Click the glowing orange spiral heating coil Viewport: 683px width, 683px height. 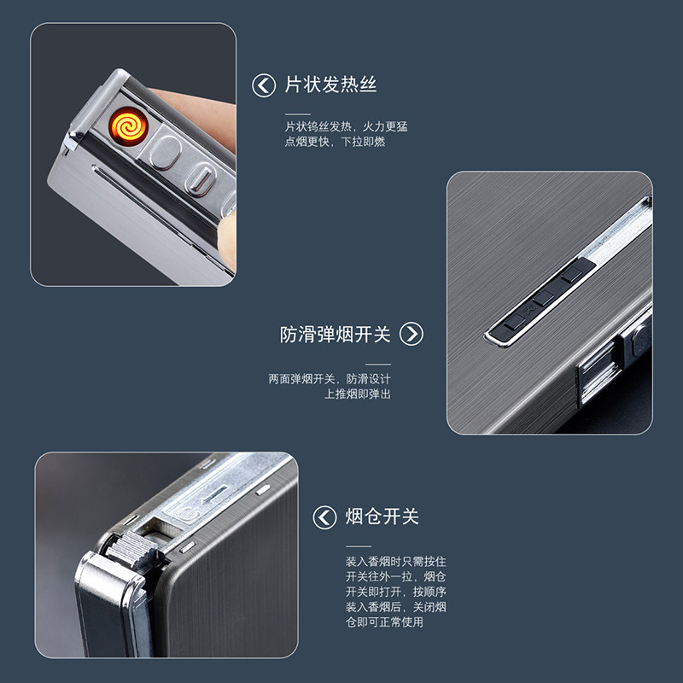click(x=129, y=126)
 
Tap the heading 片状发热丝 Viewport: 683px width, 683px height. click(x=330, y=85)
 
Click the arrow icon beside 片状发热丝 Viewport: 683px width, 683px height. click(x=264, y=85)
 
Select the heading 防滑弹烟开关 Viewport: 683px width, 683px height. click(x=335, y=335)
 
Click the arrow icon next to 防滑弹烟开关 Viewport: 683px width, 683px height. click(x=412, y=334)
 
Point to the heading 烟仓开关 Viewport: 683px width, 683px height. click(x=382, y=517)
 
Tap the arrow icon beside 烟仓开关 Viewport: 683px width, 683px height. click(x=324, y=517)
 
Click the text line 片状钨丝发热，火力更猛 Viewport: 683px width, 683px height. click(x=347, y=126)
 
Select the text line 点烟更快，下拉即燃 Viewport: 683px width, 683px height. click(x=335, y=142)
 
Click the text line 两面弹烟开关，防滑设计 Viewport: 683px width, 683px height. click(x=330, y=379)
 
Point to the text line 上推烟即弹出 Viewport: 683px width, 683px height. click(x=358, y=394)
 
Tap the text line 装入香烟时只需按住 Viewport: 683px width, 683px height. click(x=396, y=562)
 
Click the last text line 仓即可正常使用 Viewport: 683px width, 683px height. click(x=385, y=622)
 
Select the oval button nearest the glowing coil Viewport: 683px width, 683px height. click(x=166, y=152)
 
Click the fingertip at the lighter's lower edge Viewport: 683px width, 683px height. click(x=227, y=240)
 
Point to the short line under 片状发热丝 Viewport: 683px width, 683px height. click(x=298, y=114)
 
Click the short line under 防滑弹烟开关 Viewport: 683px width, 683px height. click(x=378, y=365)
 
